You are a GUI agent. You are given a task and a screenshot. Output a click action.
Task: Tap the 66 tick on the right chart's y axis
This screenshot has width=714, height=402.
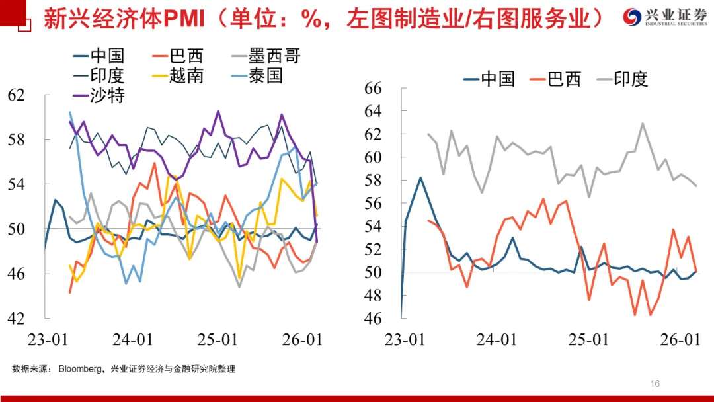tap(374, 89)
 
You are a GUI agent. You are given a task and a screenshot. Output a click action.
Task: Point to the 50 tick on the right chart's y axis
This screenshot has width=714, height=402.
tap(374, 272)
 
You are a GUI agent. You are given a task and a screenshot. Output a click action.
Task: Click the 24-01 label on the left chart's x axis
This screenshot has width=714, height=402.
tap(133, 340)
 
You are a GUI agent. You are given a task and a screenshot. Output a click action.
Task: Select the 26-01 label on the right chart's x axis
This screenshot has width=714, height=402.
tap(681, 340)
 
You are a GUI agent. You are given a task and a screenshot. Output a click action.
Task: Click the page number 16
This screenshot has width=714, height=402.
tap(655, 383)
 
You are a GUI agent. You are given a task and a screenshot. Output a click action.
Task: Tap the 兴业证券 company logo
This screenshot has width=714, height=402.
tap(666, 17)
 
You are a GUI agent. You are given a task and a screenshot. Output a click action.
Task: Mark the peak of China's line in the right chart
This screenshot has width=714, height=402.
tap(420, 177)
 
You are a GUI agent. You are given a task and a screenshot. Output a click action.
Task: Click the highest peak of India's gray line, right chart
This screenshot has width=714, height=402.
tap(642, 123)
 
